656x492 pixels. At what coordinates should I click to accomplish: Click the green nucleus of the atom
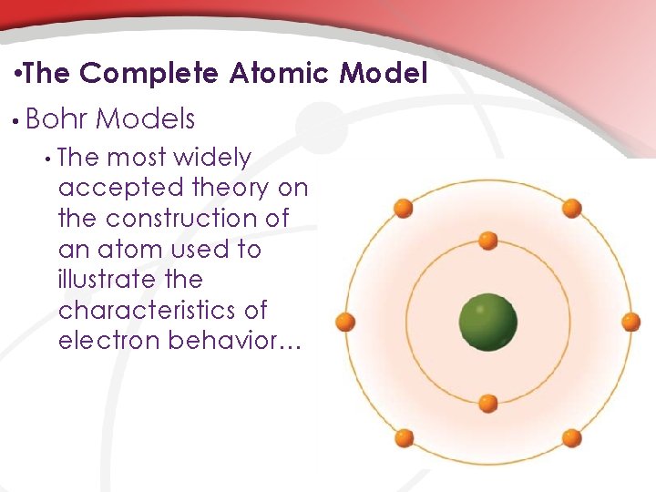(488, 322)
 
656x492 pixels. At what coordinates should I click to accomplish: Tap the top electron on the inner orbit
(488, 241)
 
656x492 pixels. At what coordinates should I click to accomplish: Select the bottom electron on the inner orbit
(488, 403)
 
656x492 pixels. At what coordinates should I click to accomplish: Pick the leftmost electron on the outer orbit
(345, 322)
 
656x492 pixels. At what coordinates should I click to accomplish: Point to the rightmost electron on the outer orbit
(630, 322)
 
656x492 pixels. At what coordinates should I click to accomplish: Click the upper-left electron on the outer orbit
(405, 209)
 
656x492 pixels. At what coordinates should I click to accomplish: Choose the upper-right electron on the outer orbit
(571, 209)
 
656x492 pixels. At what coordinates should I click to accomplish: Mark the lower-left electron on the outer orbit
(405, 437)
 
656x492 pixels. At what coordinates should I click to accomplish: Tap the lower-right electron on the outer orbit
(571, 437)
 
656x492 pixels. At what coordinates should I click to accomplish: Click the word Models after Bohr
(145, 118)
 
